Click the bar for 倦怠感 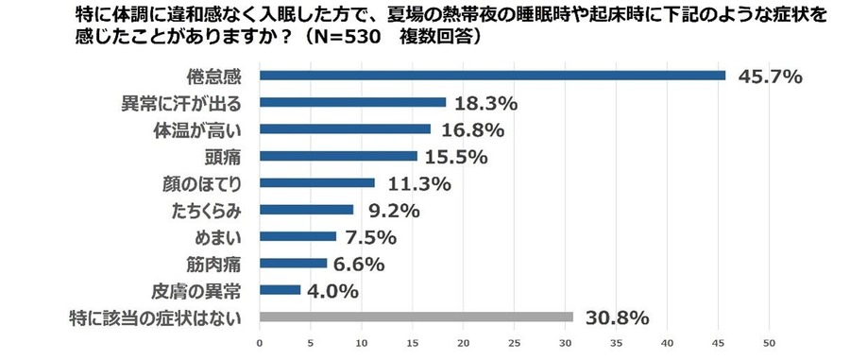tap(492, 76)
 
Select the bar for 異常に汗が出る tap(352, 102)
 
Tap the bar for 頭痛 tap(338, 156)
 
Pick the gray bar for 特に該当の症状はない tap(416, 317)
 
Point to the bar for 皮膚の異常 tap(280, 289)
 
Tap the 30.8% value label tap(615, 317)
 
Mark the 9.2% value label tap(388, 210)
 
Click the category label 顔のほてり tap(211, 182)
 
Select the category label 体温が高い tap(211, 129)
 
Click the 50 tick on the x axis tap(770, 342)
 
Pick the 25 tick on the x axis tap(515, 342)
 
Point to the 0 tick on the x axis tap(260, 342)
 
